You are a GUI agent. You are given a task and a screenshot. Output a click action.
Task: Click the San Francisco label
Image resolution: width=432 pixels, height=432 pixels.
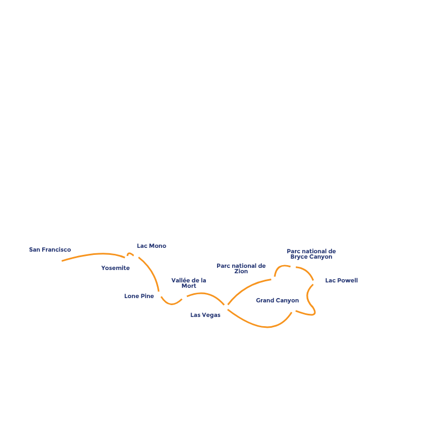50,250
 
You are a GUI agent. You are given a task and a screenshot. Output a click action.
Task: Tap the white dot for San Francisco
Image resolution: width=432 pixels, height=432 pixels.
59,261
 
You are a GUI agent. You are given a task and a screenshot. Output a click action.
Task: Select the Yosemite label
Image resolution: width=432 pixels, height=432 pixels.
116,268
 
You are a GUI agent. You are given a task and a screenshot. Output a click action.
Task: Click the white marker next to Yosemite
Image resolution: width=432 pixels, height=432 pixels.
127,259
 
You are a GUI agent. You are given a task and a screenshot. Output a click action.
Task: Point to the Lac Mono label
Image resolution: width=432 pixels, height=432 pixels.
151,246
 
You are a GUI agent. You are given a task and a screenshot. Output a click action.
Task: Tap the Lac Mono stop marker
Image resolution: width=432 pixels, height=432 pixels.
136,255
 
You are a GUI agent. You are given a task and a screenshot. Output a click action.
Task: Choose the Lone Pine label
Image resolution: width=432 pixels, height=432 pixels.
139,296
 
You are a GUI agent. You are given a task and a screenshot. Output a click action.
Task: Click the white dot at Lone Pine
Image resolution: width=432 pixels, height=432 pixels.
159,294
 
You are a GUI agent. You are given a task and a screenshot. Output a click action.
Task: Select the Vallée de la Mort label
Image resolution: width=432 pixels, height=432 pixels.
188,283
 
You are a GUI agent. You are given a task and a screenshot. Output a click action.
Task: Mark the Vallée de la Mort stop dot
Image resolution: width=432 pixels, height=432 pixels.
184,297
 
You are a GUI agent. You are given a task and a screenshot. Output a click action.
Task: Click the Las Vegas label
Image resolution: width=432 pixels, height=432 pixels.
205,315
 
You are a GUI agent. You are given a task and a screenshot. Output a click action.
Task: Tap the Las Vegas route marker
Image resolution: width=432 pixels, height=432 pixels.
226,307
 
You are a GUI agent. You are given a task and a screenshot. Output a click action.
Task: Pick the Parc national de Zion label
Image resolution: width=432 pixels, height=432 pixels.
241,268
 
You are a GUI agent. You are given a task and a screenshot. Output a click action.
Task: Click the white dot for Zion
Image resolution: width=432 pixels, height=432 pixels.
274,279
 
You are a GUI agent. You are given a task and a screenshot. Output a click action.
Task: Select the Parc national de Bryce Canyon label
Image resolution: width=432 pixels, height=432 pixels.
311,254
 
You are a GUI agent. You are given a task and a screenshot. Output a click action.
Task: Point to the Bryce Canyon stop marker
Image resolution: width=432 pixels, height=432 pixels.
293,267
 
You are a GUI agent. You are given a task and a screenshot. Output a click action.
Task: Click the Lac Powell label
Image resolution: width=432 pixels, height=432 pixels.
341,281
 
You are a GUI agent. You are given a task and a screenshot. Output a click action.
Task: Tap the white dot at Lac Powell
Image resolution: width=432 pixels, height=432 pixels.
315,282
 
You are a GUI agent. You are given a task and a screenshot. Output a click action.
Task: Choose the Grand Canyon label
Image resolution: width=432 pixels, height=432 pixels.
277,300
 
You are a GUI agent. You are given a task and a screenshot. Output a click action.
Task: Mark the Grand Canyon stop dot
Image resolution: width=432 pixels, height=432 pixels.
293,310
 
